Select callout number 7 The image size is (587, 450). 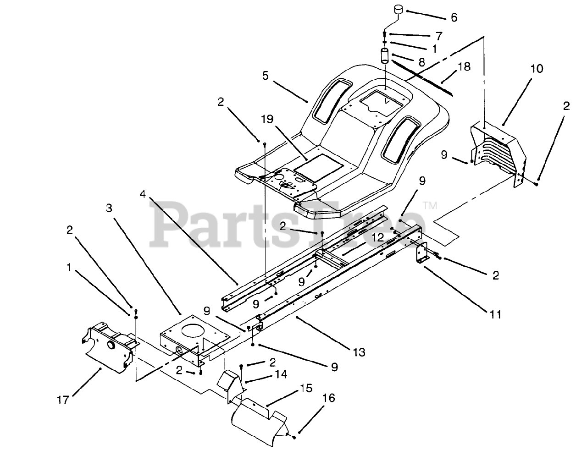[439, 35]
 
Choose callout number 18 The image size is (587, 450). [464, 67]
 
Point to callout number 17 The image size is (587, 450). [63, 400]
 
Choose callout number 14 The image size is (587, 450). [281, 374]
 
